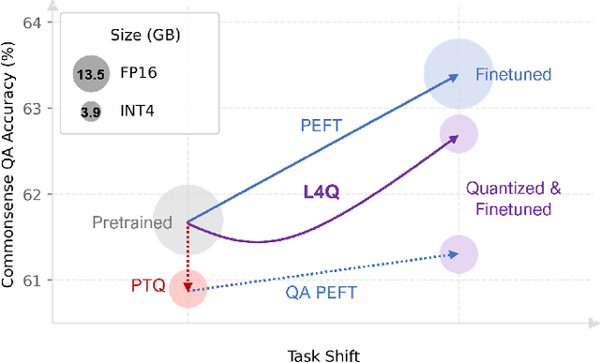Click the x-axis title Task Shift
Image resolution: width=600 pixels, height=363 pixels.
pyautogui.click(x=322, y=354)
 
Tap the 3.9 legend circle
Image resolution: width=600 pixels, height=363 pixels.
pyautogui.click(x=90, y=112)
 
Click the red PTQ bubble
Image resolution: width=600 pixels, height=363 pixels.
pyautogui.click(x=187, y=289)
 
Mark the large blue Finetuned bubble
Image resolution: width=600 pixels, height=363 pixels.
pyautogui.click(x=458, y=74)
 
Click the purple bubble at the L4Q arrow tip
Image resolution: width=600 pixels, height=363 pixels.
pyautogui.click(x=458, y=135)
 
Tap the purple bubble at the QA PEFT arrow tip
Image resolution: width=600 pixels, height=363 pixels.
pyautogui.click(x=458, y=254)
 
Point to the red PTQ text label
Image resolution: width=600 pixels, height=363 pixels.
pyautogui.click(x=146, y=283)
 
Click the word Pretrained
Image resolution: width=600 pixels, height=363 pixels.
pyautogui.click(x=132, y=223)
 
